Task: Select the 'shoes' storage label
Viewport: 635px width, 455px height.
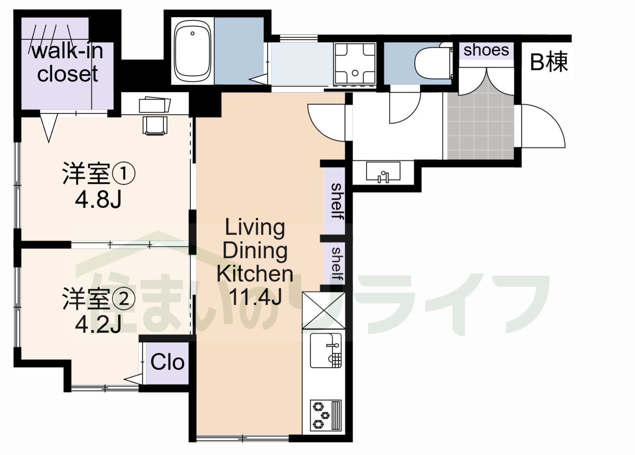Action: [486, 50]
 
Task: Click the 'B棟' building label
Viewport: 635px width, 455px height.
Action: [548, 62]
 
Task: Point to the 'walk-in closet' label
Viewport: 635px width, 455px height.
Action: [68, 62]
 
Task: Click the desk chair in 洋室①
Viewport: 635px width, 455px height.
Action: [155, 124]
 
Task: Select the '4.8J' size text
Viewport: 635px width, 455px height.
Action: [98, 200]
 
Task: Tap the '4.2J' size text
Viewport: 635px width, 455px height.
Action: [98, 325]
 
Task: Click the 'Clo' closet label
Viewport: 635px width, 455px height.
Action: [167, 362]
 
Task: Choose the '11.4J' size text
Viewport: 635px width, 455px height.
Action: [255, 296]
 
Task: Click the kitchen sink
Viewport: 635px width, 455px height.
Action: [325, 351]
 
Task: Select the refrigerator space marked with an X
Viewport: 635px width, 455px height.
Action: [323, 310]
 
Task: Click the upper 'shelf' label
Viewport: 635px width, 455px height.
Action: [337, 201]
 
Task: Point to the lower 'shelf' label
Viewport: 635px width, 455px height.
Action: [337, 264]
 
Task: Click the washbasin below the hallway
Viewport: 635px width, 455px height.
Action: [383, 172]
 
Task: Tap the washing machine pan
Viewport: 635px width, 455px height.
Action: [355, 63]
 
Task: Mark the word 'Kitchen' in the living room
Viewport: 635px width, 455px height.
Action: [255, 273]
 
